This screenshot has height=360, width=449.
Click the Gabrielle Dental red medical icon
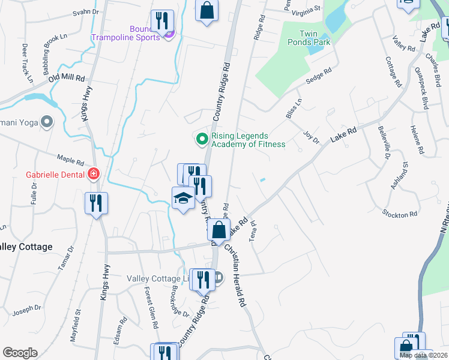[93, 175]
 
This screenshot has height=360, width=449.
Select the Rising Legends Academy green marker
[202, 139]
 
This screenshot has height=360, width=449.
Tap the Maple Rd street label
[70, 161]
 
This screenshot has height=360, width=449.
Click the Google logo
[20, 353]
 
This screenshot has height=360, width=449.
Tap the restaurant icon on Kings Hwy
[96, 203]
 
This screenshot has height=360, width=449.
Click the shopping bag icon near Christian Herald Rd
[219, 230]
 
